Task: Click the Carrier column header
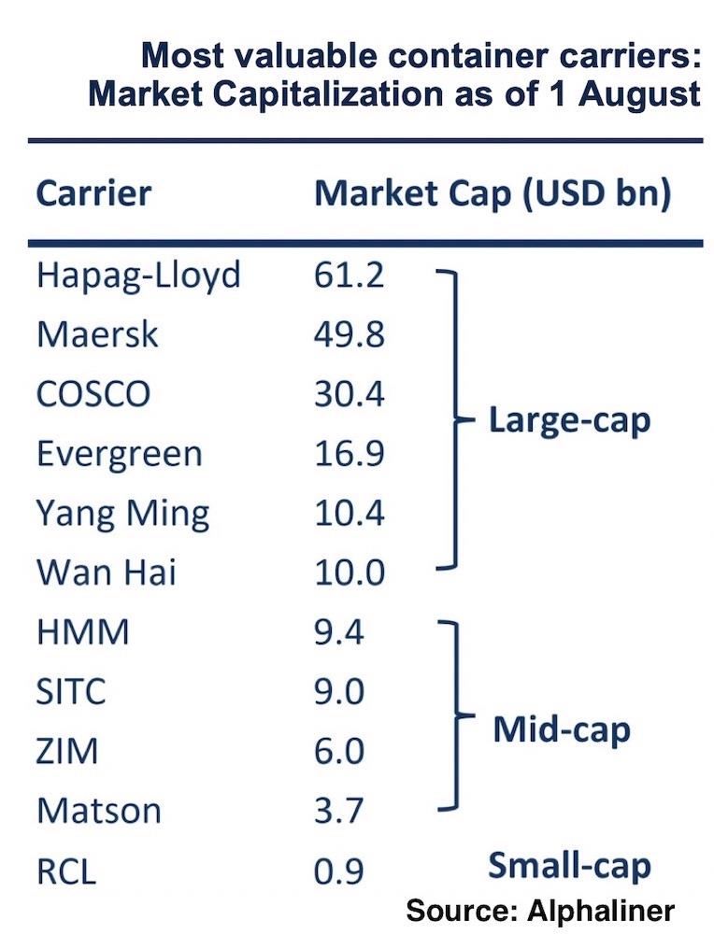pyautogui.click(x=93, y=194)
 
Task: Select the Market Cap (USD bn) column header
pyautogui.click(x=493, y=194)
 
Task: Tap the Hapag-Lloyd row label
pyautogui.click(x=138, y=276)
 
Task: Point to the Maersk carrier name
pyautogui.click(x=98, y=335)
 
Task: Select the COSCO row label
pyautogui.click(x=93, y=394)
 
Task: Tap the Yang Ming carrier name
pyautogui.click(x=122, y=514)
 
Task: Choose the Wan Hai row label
pyautogui.click(x=107, y=573)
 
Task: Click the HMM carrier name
pyautogui.click(x=83, y=632)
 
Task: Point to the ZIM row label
pyautogui.click(x=68, y=752)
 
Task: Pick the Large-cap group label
pyautogui.click(x=569, y=422)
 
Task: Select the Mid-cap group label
pyautogui.click(x=562, y=729)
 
